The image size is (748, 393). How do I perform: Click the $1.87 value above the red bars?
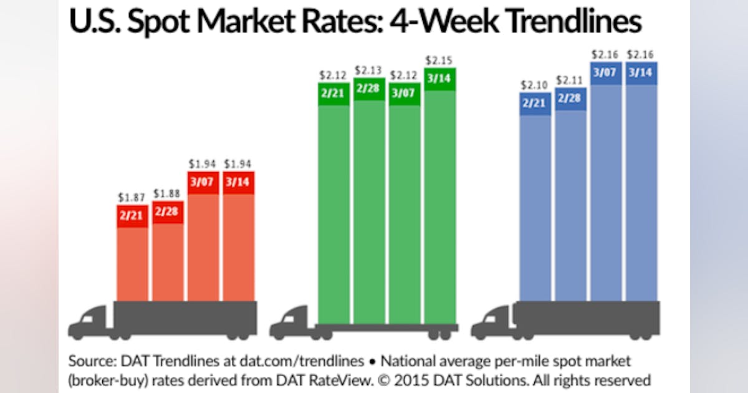(132, 197)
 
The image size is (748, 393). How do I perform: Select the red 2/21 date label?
(132, 216)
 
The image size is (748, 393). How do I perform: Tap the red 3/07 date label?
(203, 182)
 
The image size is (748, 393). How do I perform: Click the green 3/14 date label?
(439, 79)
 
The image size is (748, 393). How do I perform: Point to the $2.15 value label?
(439, 61)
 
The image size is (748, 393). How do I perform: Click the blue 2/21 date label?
(535, 104)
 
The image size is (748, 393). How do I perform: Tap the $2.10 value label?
(535, 85)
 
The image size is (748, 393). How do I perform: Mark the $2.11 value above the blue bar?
(570, 80)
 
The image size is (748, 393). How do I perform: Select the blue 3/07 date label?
(605, 73)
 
